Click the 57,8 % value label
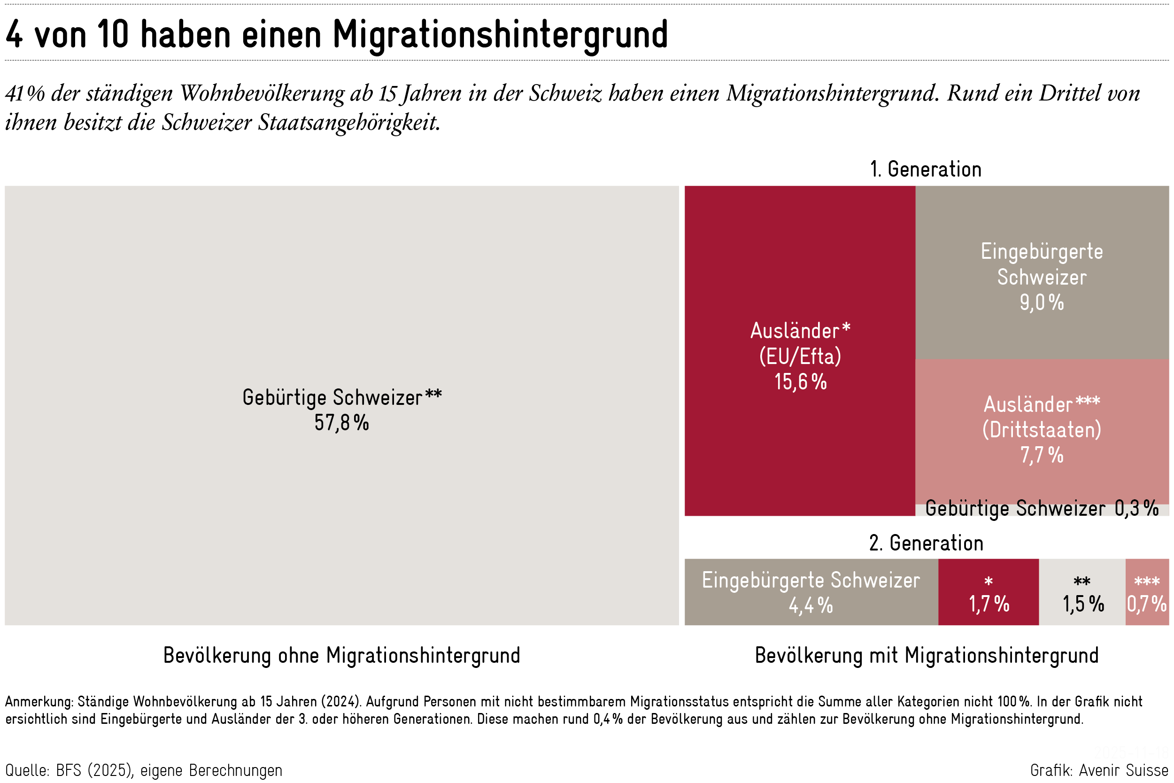(341, 423)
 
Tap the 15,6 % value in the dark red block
(800, 382)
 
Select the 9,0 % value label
(1041, 302)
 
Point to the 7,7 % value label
(1041, 456)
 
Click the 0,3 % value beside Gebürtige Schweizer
(1136, 508)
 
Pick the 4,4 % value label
(811, 606)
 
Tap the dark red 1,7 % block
(989, 593)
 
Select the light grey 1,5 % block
(1081, 593)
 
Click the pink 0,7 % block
(1147, 593)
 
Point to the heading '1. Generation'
(926, 170)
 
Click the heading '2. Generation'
(926, 543)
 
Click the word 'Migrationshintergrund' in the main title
(500, 35)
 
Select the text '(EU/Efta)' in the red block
(800, 357)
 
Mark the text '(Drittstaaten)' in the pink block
(1041, 430)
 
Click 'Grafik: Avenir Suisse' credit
(1099, 770)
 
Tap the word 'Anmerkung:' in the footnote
(39, 702)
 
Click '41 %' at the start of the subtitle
(25, 93)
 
